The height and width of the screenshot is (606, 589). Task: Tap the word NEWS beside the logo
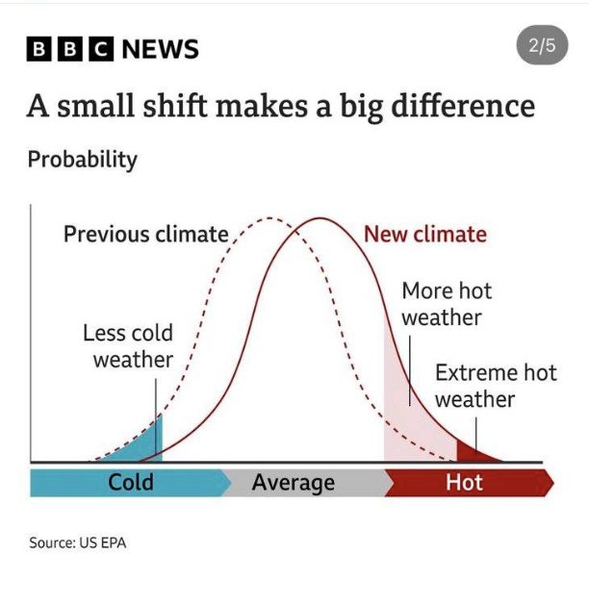click(x=160, y=48)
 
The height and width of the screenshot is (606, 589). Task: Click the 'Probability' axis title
click(x=82, y=159)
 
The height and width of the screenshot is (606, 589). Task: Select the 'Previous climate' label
click(x=146, y=234)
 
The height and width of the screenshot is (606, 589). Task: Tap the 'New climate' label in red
click(x=424, y=234)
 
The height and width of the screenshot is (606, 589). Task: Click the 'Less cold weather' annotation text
click(x=128, y=346)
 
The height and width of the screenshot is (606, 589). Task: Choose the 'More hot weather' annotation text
click(x=446, y=303)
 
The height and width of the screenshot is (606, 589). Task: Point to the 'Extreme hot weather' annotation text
click(x=495, y=386)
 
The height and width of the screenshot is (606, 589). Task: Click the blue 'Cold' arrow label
click(x=130, y=482)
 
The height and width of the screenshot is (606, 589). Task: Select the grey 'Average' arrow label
click(x=293, y=482)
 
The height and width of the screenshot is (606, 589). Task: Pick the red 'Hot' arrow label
click(x=464, y=482)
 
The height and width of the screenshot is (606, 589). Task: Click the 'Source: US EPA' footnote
click(x=77, y=543)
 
